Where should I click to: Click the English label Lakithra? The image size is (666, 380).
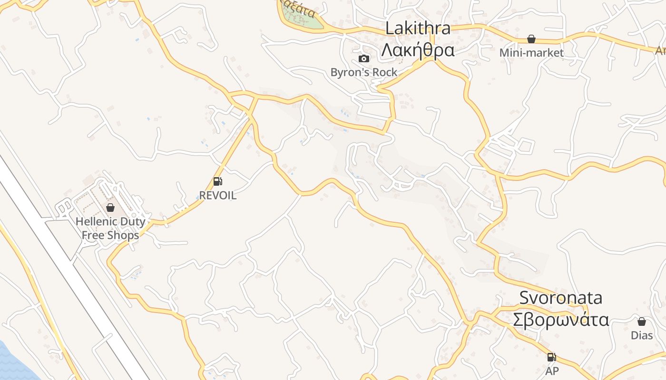418,28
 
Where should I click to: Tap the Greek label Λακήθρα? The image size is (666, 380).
418,49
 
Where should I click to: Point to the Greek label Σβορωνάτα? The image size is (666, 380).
561,319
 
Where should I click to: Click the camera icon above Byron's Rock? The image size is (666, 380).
364,58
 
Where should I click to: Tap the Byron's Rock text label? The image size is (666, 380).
364,72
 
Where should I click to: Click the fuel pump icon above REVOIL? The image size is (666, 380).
217,181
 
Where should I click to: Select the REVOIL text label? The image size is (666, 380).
217,195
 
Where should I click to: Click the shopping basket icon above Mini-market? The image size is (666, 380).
531,39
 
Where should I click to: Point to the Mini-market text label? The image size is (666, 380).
531,53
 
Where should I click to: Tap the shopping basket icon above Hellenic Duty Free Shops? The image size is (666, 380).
110,208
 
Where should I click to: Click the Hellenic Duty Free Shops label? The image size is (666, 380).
110,228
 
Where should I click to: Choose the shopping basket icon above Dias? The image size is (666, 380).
642,322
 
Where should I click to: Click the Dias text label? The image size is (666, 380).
642,335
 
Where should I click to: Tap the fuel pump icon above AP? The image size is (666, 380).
552,357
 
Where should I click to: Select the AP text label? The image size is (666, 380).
552,371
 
